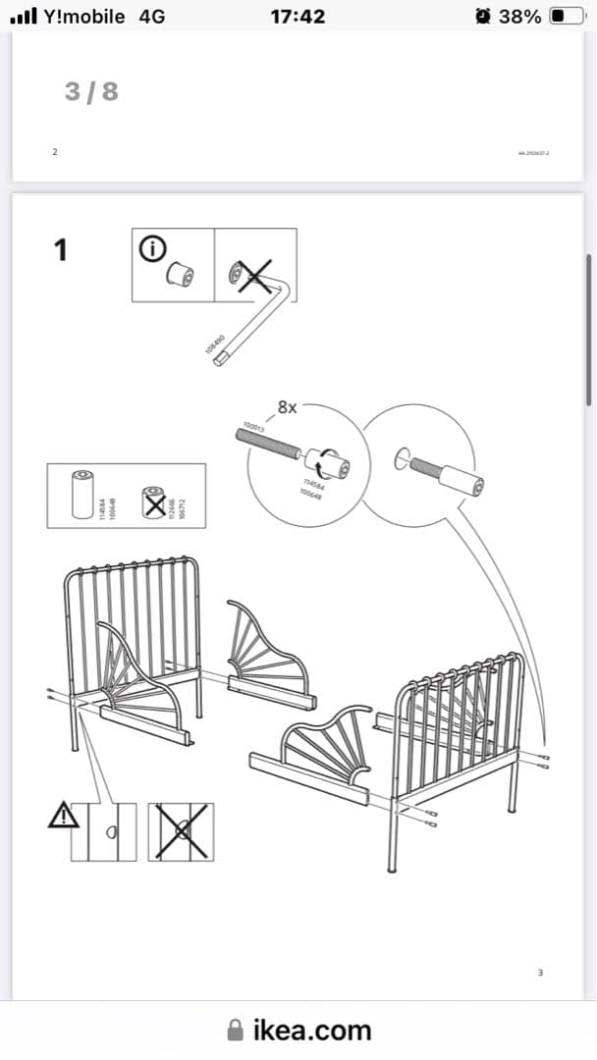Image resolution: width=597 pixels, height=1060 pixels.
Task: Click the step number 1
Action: pyautogui.click(x=61, y=250)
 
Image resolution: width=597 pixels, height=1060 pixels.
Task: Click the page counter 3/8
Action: pyautogui.click(x=91, y=91)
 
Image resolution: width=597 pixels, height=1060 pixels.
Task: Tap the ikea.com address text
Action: pyautogui.click(x=312, y=1030)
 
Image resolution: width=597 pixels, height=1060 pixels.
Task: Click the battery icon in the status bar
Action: pyautogui.click(x=564, y=17)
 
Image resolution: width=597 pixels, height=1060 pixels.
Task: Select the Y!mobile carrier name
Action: pyautogui.click(x=84, y=17)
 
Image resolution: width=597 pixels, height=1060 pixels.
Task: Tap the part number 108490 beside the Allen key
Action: pyautogui.click(x=214, y=344)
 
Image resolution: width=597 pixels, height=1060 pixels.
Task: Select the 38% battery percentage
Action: pyautogui.click(x=519, y=17)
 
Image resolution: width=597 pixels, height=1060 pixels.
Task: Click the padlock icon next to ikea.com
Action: pyautogui.click(x=236, y=1030)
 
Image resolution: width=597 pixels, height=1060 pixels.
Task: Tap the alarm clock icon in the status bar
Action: pyautogui.click(x=482, y=17)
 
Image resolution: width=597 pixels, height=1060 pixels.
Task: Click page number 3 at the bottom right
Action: pyautogui.click(x=540, y=973)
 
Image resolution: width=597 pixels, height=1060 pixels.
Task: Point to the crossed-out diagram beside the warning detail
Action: pyautogui.click(x=181, y=832)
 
